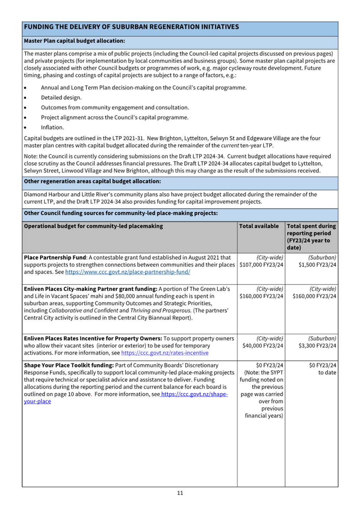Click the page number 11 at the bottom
[180, 493]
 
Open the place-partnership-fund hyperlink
[128, 272]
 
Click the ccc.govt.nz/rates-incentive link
[165, 353]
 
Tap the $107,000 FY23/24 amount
[261, 265]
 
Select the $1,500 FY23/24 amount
[317, 265]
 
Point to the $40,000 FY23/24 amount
[263, 346]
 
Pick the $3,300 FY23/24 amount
[317, 346]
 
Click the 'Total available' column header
[259, 226]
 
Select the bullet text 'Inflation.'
[52, 127]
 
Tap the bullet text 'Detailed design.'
[61, 97]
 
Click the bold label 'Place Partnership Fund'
[55, 258]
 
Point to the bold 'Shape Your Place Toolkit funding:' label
[69, 365]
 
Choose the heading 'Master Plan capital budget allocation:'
[74, 41]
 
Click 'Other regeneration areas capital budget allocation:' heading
[92, 181]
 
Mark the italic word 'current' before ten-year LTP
[230, 145]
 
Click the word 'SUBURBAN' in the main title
[130, 27]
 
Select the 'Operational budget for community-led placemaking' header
[93, 226]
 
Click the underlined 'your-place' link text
[37, 402]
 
